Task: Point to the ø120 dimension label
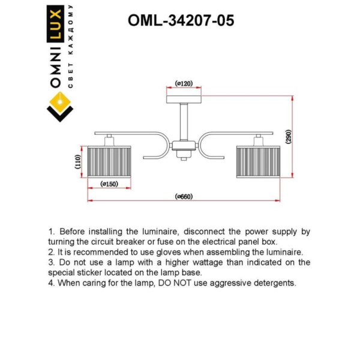tap(184, 83)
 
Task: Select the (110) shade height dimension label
tap(77, 162)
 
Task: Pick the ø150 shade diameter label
tap(109, 184)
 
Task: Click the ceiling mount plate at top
tap(184, 98)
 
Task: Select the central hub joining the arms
tap(184, 146)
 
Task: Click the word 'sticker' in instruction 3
tap(91, 272)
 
